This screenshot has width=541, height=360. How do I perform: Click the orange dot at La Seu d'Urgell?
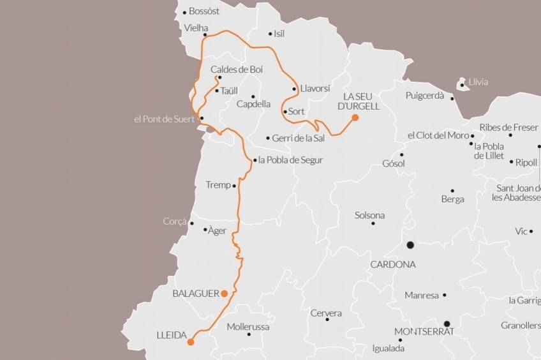point(355,117)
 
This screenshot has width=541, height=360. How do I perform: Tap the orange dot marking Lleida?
point(190,342)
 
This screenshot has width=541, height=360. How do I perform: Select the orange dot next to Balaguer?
point(224,294)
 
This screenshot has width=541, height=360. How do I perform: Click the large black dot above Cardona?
point(410,245)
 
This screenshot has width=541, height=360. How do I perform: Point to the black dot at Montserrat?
point(447,324)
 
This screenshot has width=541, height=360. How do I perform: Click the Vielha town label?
point(196,28)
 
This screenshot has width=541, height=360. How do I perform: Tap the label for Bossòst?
point(204,11)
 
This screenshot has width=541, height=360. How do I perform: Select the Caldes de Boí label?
point(237,70)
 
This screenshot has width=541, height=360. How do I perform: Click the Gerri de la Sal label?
point(298,138)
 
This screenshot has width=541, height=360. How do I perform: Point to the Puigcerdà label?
point(424,96)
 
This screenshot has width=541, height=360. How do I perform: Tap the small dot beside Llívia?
point(463,82)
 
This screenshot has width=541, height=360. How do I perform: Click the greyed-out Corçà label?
point(174,221)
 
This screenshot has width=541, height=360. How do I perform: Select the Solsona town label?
point(370,215)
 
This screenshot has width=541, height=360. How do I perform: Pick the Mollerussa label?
point(248,327)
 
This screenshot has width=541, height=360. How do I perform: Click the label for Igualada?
point(389,349)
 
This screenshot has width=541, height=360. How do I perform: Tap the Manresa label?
point(422,296)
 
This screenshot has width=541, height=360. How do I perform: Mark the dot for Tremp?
point(235,186)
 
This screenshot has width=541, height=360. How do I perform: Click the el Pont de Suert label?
point(164,119)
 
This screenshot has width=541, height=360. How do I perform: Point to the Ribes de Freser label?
point(508,127)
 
